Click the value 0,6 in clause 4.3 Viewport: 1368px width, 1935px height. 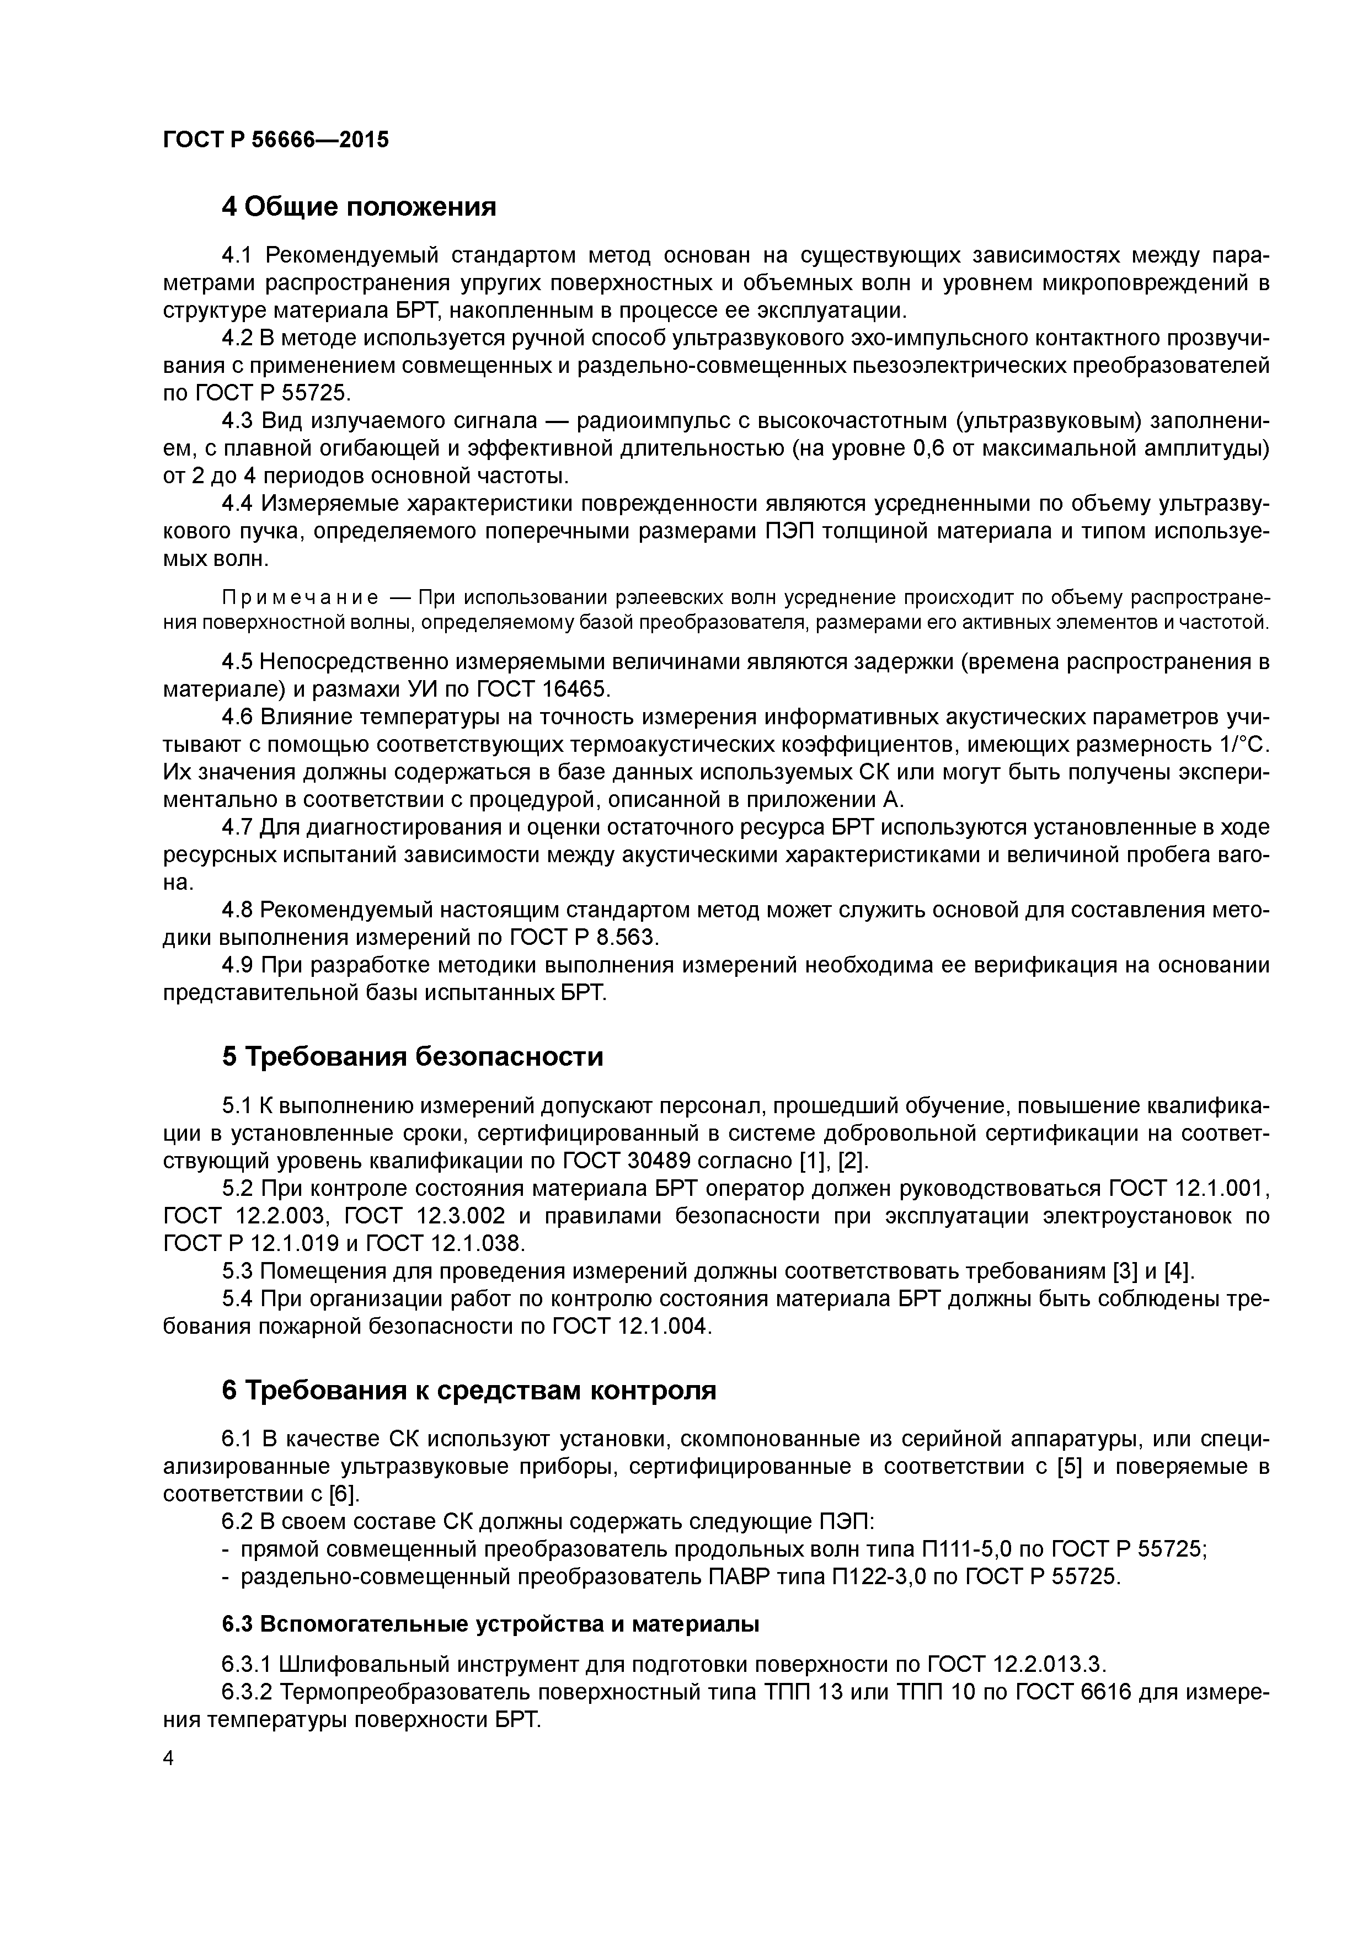(931, 448)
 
